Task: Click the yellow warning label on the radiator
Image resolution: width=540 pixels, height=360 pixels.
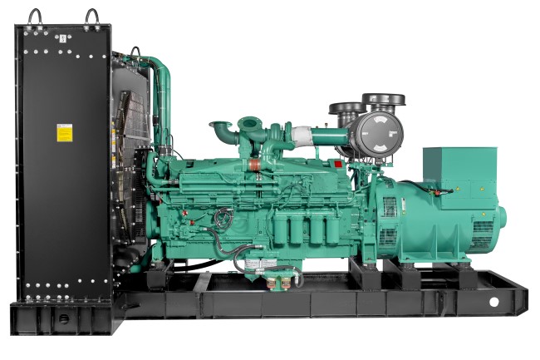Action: (64, 132)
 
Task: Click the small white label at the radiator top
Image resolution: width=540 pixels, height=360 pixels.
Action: (62, 37)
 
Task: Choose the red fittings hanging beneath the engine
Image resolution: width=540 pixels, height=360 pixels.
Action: (280, 282)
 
